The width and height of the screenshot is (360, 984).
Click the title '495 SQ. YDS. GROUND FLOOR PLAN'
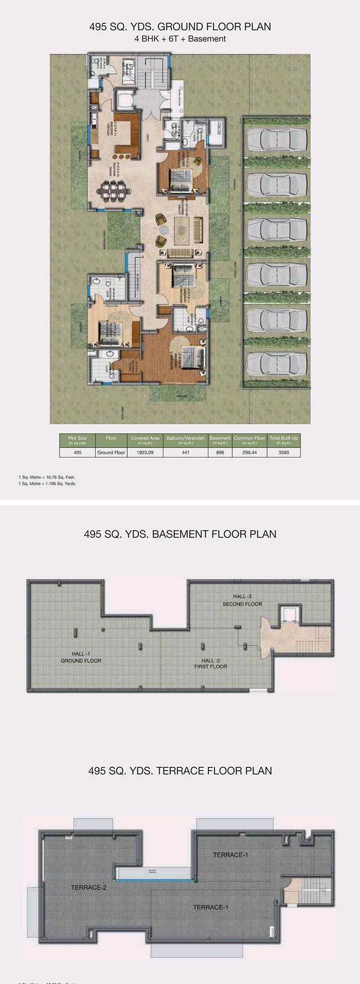pyautogui.click(x=180, y=27)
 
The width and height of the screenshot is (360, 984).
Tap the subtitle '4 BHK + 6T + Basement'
pyautogui.click(x=180, y=39)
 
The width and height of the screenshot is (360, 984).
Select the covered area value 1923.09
pyautogui.click(x=145, y=452)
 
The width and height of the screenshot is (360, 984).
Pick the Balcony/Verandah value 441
pyautogui.click(x=185, y=452)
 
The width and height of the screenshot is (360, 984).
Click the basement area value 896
pyautogui.click(x=220, y=452)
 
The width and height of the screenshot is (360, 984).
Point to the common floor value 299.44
pyautogui.click(x=249, y=452)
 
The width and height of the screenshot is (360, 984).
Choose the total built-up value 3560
pyautogui.click(x=284, y=452)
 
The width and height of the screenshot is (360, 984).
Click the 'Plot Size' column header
pyautogui.click(x=77, y=440)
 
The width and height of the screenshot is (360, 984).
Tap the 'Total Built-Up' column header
pyautogui.click(x=284, y=440)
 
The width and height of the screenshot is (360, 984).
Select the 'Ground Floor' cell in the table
pyautogui.click(x=111, y=452)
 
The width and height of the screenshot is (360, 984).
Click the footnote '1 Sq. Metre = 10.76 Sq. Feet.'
pyautogui.click(x=47, y=477)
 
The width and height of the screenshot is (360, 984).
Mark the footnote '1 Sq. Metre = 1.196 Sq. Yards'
pyautogui.click(x=47, y=483)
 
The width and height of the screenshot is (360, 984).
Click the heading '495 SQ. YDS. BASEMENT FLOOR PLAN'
pyautogui.click(x=180, y=534)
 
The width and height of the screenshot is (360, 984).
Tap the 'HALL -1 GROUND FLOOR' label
pyautogui.click(x=81, y=657)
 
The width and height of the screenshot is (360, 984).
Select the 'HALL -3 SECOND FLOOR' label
pyautogui.click(x=242, y=600)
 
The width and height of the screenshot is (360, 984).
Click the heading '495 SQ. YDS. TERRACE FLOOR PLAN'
pyautogui.click(x=180, y=771)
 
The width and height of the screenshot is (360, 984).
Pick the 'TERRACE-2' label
pyautogui.click(x=89, y=887)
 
